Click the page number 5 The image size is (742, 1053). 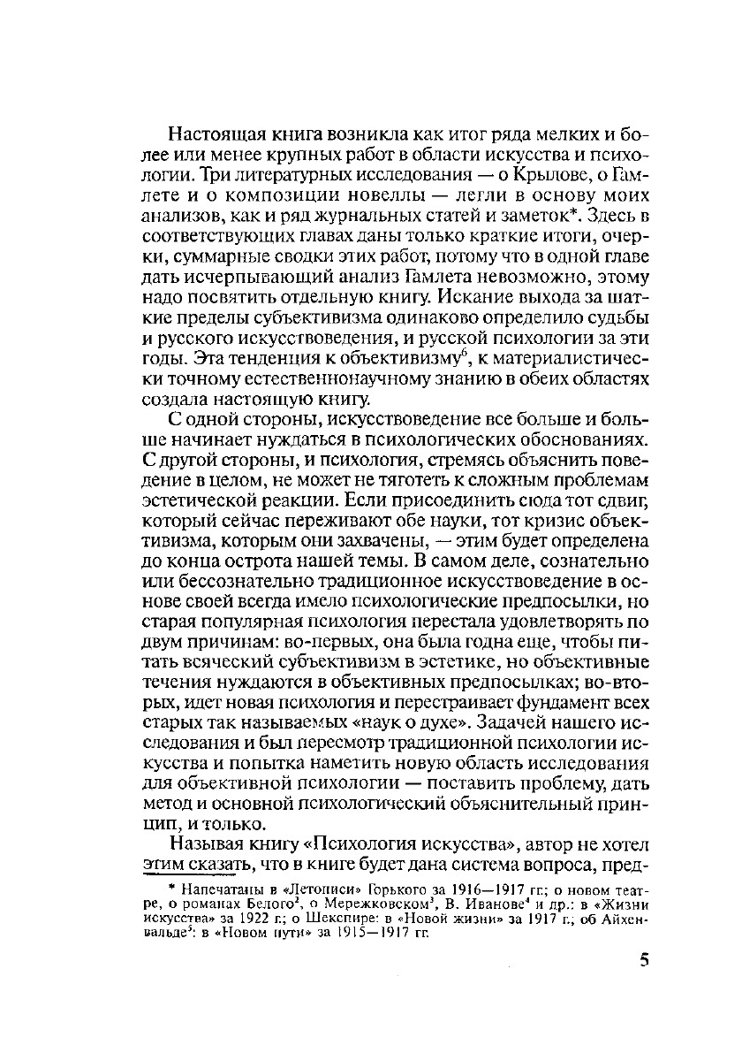tap(643, 961)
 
